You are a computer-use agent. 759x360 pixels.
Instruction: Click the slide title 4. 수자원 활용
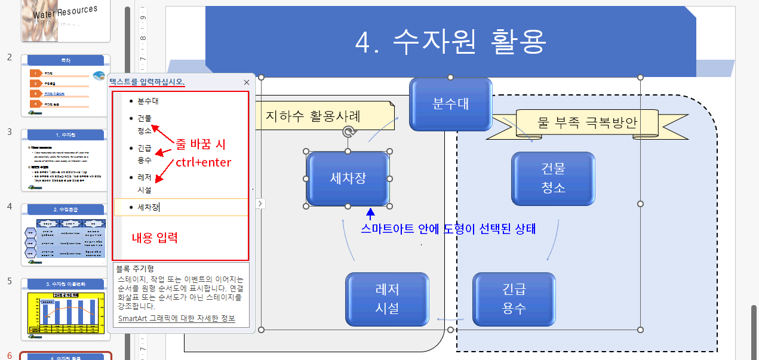(x=451, y=41)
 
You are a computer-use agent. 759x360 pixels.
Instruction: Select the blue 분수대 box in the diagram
(x=450, y=104)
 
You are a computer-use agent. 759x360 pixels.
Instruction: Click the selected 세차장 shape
(x=348, y=178)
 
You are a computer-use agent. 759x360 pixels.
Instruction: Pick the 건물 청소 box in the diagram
(x=553, y=178)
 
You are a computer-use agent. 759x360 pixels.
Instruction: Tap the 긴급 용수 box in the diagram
(x=514, y=299)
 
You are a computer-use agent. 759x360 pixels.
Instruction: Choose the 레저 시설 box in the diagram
(x=387, y=299)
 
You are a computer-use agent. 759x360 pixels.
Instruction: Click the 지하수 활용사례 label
(x=313, y=115)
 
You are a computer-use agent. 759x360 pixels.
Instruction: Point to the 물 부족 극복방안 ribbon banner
(x=587, y=124)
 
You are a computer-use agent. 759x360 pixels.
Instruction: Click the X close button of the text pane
(x=247, y=82)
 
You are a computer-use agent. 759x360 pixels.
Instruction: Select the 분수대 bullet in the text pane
(x=148, y=101)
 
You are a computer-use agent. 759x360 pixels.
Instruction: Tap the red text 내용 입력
(x=155, y=237)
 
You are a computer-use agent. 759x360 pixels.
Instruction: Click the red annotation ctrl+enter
(x=203, y=162)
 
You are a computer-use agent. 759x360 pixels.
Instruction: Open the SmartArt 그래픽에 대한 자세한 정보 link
(x=177, y=319)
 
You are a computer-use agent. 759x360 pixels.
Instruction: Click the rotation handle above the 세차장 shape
(x=348, y=131)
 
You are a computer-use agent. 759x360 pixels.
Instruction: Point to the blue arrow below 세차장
(x=370, y=213)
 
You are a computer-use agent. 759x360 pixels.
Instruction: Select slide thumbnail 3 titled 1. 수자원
(x=66, y=160)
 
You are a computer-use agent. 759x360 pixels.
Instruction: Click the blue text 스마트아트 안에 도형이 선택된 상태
(x=448, y=229)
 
